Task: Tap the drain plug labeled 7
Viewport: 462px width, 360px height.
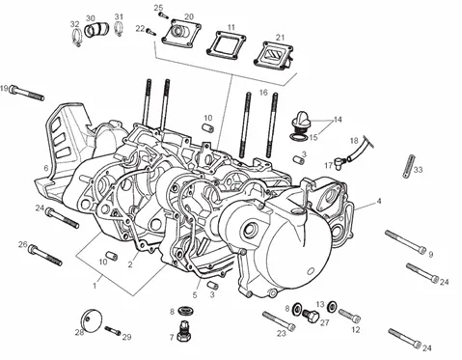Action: pyautogui.click(x=184, y=332)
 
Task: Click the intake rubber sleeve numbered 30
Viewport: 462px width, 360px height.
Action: pyautogui.click(x=96, y=29)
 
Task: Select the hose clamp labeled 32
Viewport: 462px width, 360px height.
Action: pyautogui.click(x=77, y=38)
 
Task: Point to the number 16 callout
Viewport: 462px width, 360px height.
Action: pyautogui.click(x=263, y=93)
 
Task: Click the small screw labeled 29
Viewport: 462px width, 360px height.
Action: pyautogui.click(x=112, y=330)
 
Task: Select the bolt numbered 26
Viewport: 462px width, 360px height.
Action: pyautogui.click(x=45, y=255)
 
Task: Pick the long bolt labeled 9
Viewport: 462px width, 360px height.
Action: pyautogui.click(x=406, y=242)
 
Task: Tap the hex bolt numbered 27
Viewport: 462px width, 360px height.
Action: pyautogui.click(x=311, y=315)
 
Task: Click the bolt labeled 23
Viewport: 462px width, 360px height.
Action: pyautogui.click(x=279, y=320)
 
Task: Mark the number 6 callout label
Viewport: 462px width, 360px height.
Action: pyautogui.click(x=46, y=168)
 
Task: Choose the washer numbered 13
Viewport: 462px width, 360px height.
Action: pyautogui.click(x=332, y=306)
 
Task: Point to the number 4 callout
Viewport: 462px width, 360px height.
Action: pyautogui.click(x=379, y=201)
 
